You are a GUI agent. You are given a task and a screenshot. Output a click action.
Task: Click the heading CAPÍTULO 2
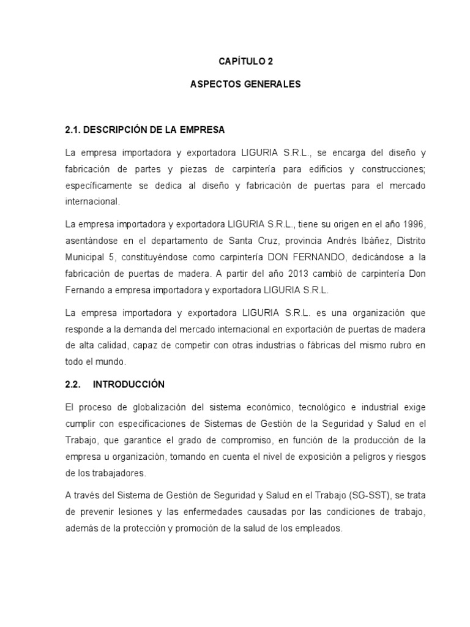pos(245,62)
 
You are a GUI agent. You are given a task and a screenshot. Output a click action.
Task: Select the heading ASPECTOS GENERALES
pos(245,84)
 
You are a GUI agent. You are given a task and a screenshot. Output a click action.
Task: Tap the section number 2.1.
pos(73,130)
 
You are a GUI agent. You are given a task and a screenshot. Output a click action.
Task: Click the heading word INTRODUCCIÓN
pos(129,384)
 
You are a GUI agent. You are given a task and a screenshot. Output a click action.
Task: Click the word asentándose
pos(92,238)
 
